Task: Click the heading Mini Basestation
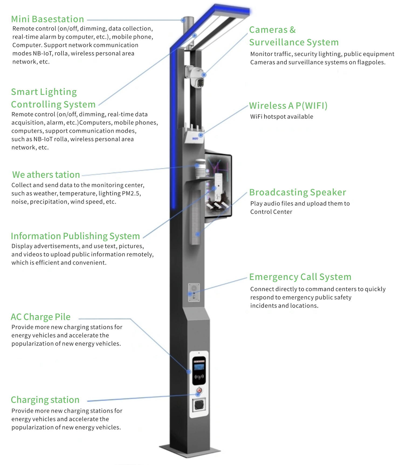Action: (x=47, y=19)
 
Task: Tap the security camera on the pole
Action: (x=196, y=77)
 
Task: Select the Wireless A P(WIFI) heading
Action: (x=288, y=105)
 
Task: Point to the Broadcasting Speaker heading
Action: (x=297, y=192)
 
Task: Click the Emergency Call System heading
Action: (x=300, y=277)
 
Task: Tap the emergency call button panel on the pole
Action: (x=194, y=292)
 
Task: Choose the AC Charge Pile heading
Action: (x=40, y=317)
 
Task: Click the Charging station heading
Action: (x=45, y=400)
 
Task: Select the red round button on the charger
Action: (x=199, y=390)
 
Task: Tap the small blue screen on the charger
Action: (x=199, y=367)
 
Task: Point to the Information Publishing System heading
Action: (x=75, y=236)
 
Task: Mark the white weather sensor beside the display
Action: (x=200, y=169)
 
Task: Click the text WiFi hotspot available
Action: (x=281, y=117)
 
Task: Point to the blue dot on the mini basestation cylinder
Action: (x=183, y=20)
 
